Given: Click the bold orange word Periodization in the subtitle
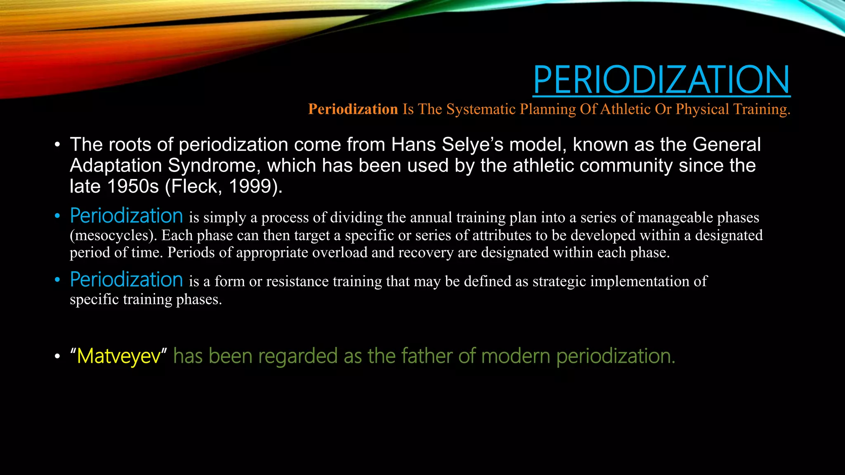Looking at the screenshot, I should [x=353, y=109].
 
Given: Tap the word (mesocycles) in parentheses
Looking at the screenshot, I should [x=113, y=235].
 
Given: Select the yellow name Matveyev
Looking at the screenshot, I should [x=118, y=356].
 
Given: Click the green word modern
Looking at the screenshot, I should [x=515, y=356].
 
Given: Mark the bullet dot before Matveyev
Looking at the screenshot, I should [x=58, y=357].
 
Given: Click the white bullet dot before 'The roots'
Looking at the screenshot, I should [x=58, y=145].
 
